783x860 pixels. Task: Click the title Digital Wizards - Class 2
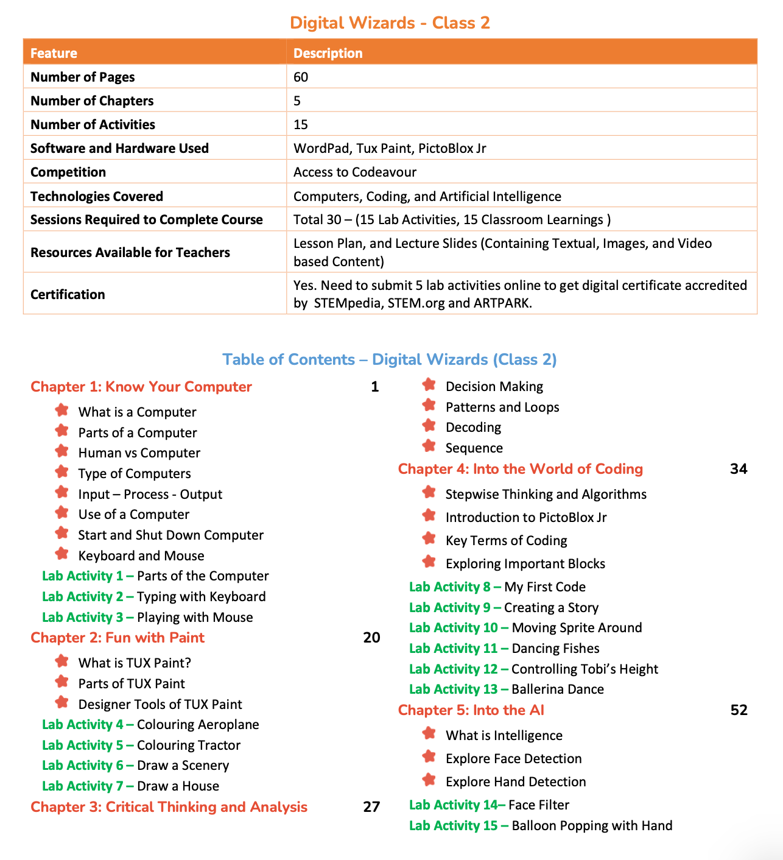point(390,23)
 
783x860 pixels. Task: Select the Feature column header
point(54,53)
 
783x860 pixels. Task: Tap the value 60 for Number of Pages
point(301,77)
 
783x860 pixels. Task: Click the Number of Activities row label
point(93,124)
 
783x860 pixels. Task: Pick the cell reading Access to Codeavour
point(355,172)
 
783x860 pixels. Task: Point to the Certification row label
point(68,294)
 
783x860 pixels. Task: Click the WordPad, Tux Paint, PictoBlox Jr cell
point(390,148)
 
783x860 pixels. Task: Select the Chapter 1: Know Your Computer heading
point(141,387)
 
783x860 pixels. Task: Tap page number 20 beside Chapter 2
point(371,638)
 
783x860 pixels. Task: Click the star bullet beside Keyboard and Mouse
point(61,554)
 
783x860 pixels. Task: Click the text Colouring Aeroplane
point(198,724)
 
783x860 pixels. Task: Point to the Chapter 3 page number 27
point(371,807)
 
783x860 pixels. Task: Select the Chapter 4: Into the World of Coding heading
point(521,469)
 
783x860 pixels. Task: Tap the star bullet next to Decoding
point(429,426)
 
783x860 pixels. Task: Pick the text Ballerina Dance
point(558,689)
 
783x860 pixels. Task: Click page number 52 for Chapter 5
point(739,710)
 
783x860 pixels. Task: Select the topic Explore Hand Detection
point(516,781)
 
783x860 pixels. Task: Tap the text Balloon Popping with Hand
point(592,825)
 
